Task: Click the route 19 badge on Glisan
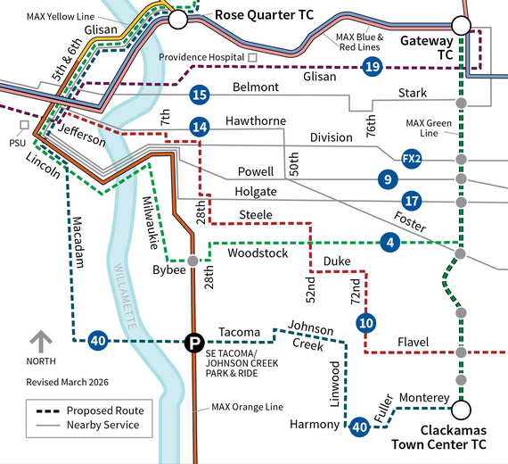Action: [x=373, y=66]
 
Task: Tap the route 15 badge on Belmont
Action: [x=200, y=95]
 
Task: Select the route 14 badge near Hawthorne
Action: [x=200, y=128]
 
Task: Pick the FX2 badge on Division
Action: [x=411, y=158]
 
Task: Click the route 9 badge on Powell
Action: [x=386, y=178]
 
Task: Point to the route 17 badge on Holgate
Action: [x=411, y=200]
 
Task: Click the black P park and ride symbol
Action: [x=193, y=342]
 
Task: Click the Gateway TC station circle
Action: [x=461, y=25]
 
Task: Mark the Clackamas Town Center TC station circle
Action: [x=461, y=410]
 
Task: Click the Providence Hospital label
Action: [x=202, y=57]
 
